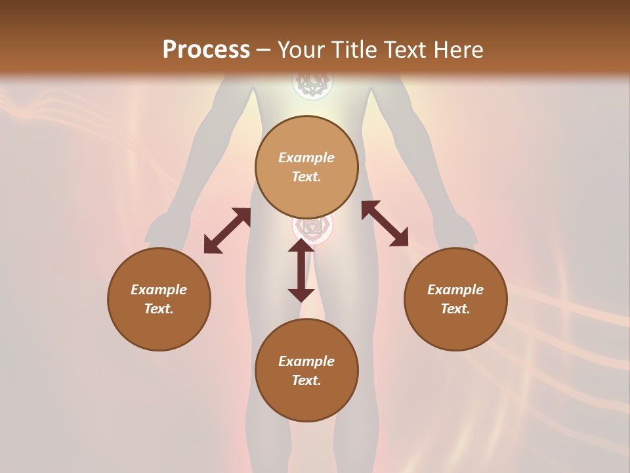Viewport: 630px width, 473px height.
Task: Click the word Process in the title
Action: (206, 49)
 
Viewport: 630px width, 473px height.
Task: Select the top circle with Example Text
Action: (306, 168)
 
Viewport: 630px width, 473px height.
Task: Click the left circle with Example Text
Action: (159, 299)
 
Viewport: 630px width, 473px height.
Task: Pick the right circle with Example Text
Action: (455, 299)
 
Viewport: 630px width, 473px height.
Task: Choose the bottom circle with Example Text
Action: (306, 371)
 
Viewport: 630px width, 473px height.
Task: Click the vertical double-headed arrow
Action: (301, 270)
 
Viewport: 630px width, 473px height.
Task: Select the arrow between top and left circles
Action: (227, 231)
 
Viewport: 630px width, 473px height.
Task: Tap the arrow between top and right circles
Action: (385, 223)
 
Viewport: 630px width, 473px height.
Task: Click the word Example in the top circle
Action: (306, 158)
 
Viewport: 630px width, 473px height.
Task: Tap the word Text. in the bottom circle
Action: (306, 380)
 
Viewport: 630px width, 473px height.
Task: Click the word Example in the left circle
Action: (159, 290)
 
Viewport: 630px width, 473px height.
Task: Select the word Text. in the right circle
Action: (455, 309)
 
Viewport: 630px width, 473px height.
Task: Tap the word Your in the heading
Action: (301, 49)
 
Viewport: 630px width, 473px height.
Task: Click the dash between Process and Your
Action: (263, 51)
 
